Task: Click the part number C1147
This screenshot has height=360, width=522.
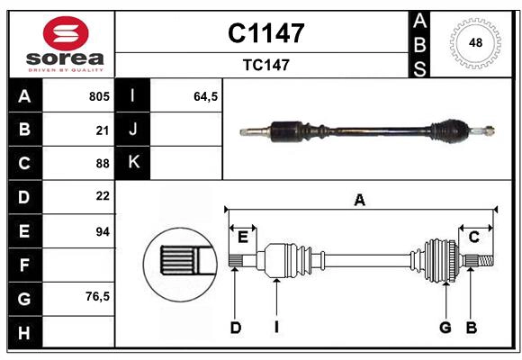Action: point(265,33)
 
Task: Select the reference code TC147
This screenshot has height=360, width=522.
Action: point(265,65)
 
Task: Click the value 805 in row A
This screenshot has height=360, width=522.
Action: point(98,96)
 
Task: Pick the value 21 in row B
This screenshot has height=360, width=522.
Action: point(102,130)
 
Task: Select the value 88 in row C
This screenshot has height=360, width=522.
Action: point(102,163)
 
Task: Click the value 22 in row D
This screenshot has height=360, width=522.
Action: point(102,196)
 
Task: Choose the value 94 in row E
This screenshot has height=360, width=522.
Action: point(102,231)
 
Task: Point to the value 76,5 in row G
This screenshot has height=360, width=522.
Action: point(97,296)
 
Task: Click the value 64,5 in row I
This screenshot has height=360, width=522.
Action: point(206,96)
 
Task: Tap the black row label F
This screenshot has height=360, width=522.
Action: point(24,265)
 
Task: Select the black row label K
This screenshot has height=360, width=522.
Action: point(133,163)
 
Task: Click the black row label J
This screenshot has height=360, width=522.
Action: point(133,130)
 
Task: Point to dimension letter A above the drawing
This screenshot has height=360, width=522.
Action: point(360,200)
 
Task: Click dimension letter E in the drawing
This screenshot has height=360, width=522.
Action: point(243,237)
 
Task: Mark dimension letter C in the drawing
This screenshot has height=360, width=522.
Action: point(473,237)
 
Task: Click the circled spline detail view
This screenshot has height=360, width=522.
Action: point(178,262)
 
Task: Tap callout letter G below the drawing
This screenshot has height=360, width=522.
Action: point(445,328)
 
